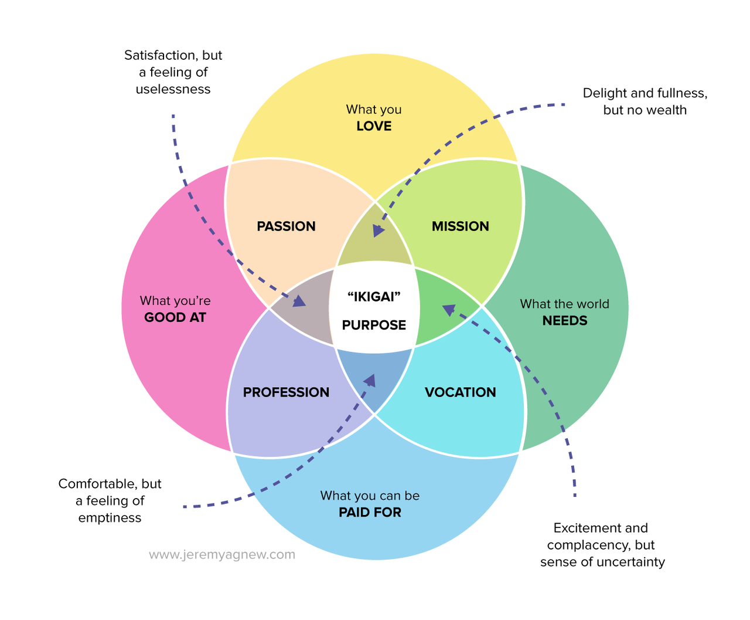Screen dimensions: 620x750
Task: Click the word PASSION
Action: point(286,226)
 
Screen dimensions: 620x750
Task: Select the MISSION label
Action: point(460,226)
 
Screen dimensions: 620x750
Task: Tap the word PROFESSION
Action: point(286,392)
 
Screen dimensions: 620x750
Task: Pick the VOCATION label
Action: point(460,392)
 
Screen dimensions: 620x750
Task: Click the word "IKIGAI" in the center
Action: point(374,297)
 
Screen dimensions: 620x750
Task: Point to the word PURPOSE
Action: point(374,325)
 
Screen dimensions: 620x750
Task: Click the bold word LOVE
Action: point(374,126)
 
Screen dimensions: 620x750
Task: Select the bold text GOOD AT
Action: point(175,317)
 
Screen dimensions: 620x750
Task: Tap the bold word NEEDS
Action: point(564,321)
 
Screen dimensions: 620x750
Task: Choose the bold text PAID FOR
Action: point(370,513)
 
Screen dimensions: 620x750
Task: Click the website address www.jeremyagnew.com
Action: point(222,555)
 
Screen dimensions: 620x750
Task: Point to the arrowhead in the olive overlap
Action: point(378,230)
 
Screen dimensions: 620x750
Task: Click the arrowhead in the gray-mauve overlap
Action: point(299,301)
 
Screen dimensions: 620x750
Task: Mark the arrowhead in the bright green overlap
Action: point(449,310)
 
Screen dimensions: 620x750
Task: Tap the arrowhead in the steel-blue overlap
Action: point(370,381)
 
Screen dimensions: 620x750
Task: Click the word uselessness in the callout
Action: point(173,89)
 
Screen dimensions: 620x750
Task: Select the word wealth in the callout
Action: point(667,110)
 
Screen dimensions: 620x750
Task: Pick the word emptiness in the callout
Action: point(110,518)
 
